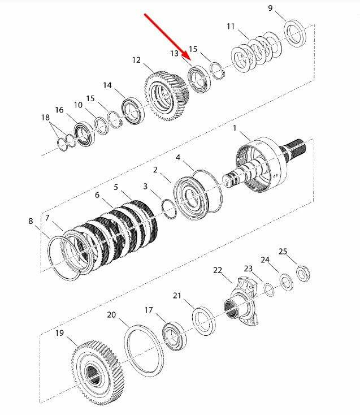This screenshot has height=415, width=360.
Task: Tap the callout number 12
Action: coord(136,60)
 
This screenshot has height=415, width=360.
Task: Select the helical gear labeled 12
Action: coord(167,97)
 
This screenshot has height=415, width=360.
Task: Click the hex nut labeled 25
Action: coord(303,274)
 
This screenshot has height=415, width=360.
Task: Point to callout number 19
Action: coord(59,332)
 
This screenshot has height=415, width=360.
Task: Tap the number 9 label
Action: coord(270,8)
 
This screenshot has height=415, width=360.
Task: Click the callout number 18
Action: coord(46,117)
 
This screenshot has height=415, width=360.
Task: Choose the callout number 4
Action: coord(178,158)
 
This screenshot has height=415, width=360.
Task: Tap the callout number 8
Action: coord(31,221)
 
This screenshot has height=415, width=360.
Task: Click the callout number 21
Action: coord(177,295)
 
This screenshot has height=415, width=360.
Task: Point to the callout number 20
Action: coord(111,315)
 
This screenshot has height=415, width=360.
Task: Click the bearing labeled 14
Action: coord(133,111)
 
